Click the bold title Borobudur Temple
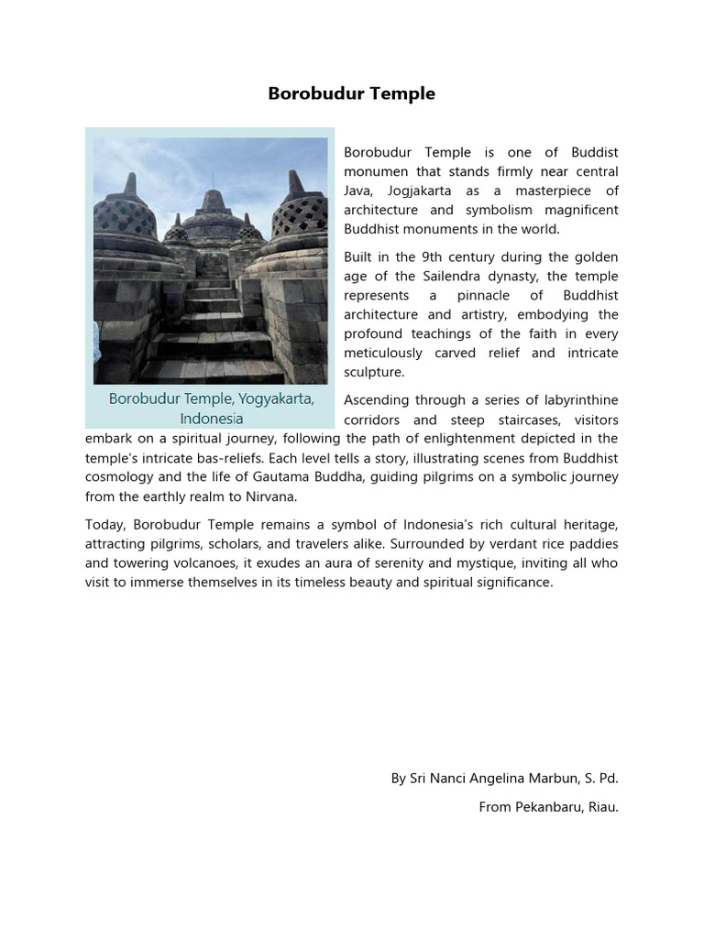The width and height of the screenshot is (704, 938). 351,93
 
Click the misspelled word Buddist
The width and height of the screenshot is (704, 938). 594,152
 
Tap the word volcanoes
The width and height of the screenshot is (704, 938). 201,563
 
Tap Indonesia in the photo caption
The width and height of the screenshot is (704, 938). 212,419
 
